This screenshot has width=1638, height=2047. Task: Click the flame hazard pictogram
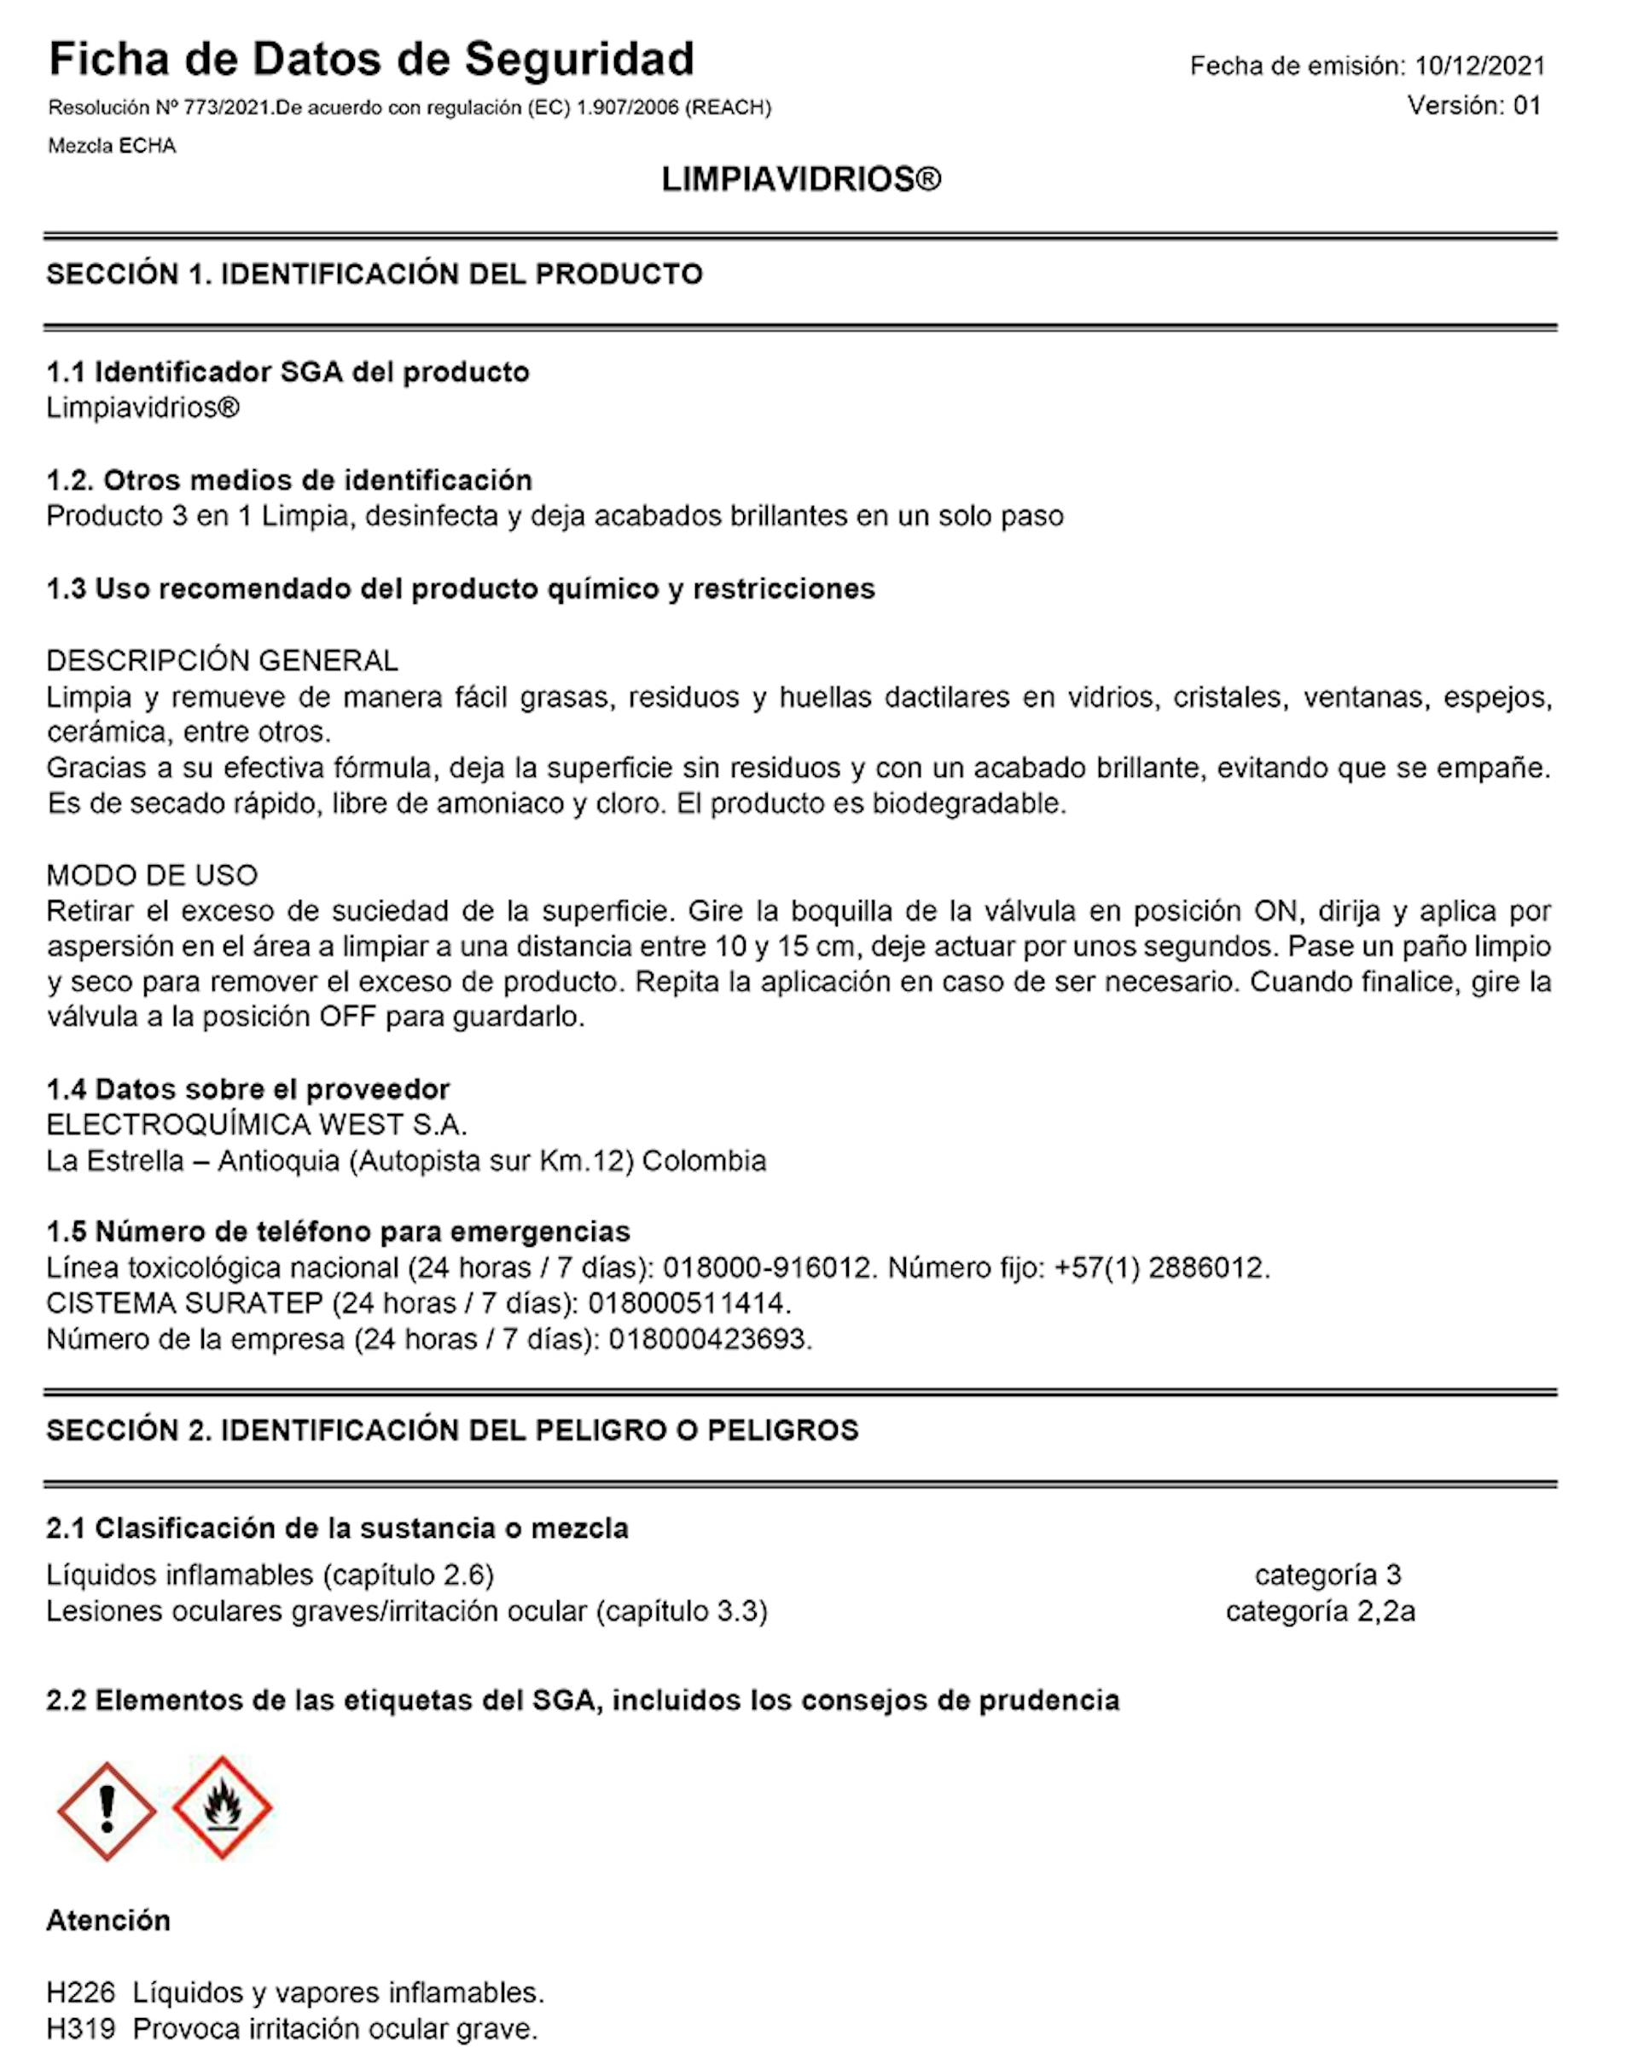(x=222, y=1806)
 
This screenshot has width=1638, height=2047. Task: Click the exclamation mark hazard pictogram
(x=107, y=1811)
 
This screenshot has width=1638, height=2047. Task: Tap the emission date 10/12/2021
(x=1479, y=66)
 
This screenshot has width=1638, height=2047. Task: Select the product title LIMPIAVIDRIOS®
(x=800, y=179)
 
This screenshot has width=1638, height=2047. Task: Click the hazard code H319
(x=81, y=2029)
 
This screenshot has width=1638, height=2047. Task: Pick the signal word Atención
(x=108, y=1920)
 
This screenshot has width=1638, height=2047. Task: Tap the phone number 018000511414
(x=689, y=1302)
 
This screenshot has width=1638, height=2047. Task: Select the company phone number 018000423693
(x=711, y=1339)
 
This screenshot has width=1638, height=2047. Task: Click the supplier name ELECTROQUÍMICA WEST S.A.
(x=257, y=1124)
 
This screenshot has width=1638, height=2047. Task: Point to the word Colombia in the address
(x=704, y=1160)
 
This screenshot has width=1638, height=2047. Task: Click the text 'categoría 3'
(x=1327, y=1575)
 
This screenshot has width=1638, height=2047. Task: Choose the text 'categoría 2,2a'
(x=1320, y=1611)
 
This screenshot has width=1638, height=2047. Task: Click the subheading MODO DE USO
(x=152, y=874)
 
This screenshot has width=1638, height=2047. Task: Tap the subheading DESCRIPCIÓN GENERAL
(x=222, y=660)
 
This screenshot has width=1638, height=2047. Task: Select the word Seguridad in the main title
(x=579, y=59)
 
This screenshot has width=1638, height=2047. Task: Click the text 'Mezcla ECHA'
(x=112, y=146)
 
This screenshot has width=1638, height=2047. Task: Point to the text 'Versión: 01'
(x=1473, y=106)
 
